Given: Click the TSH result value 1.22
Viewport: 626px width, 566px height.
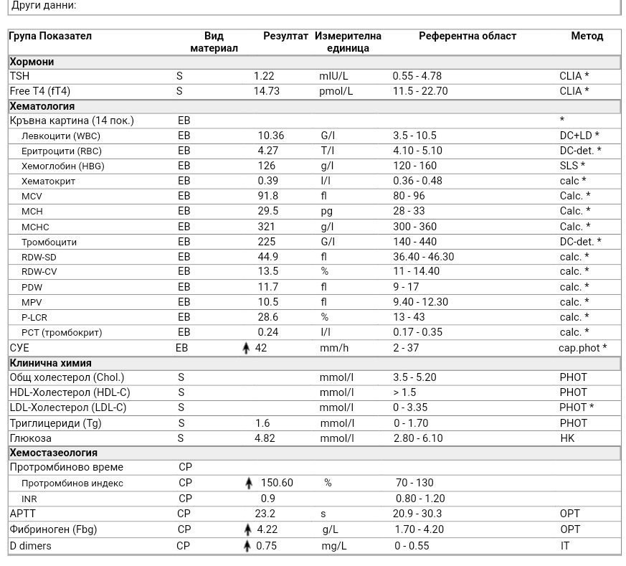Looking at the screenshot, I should coord(264,76).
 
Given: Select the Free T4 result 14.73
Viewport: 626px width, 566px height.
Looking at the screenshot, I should coord(267,91).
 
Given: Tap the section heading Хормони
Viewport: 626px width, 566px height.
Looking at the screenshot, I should coord(32,62).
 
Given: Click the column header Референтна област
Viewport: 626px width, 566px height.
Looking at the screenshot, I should coord(468,36).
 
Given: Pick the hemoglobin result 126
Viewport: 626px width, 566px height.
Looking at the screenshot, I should coord(267,166).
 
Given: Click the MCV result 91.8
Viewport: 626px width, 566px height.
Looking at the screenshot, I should coord(267,196).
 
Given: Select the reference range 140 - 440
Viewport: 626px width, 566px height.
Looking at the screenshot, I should coord(414,242).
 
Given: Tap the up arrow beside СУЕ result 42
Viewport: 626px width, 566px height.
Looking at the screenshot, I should coord(247,348).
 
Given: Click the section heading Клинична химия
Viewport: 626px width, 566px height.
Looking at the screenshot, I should coord(51,363).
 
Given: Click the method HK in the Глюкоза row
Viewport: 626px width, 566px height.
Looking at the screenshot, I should coord(567,438).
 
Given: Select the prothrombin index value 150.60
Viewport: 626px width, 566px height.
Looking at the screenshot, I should coord(277,483).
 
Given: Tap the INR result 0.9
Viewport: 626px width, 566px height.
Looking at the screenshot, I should coord(267,499).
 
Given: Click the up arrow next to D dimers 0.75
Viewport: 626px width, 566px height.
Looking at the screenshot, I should coord(247,546).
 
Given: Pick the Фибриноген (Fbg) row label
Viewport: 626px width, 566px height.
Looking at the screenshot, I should coord(53,529).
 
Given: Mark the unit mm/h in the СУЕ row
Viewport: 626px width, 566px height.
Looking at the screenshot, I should coord(334,348).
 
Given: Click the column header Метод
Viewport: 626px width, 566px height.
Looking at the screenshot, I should coord(587,36).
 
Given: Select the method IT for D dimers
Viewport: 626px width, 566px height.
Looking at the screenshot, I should coord(564,546).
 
